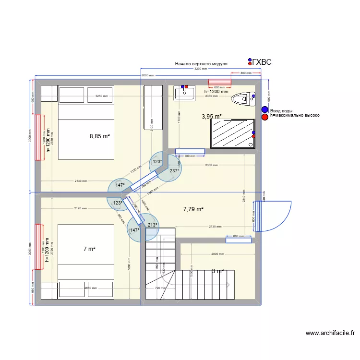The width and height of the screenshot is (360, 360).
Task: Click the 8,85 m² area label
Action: pyautogui.click(x=100, y=136)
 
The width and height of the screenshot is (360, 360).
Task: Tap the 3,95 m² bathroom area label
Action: pyautogui.click(x=211, y=117)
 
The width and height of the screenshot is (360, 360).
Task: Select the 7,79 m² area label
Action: pyautogui.click(x=193, y=209)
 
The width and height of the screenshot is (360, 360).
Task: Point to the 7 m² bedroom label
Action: pyautogui.click(x=89, y=249)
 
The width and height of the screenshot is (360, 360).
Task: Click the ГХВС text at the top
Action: pyautogui.click(x=262, y=62)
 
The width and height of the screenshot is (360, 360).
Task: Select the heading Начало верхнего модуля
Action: pyautogui.click(x=201, y=64)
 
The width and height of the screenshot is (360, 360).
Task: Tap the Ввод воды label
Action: pyautogui.click(x=281, y=111)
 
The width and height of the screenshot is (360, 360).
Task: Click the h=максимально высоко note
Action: pyautogui.click(x=294, y=116)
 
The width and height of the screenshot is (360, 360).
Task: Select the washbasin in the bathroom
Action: pyautogui.click(x=185, y=93)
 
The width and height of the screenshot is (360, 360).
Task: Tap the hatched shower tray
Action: pyautogui.click(x=232, y=133)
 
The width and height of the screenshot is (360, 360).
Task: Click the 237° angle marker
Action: pyautogui.click(x=174, y=170)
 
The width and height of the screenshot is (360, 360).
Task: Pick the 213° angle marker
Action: pyautogui.click(x=153, y=225)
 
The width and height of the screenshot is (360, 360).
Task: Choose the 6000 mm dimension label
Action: pyautogui.click(x=148, y=76)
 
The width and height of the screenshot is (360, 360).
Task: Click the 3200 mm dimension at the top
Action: pyautogui.click(x=201, y=69)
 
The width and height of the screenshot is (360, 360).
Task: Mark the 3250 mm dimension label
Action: pyautogui.click(x=101, y=96)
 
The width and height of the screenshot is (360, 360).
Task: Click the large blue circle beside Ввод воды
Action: pyautogui.click(x=265, y=110)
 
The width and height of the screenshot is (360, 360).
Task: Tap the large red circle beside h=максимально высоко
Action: pyautogui.click(x=265, y=116)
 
